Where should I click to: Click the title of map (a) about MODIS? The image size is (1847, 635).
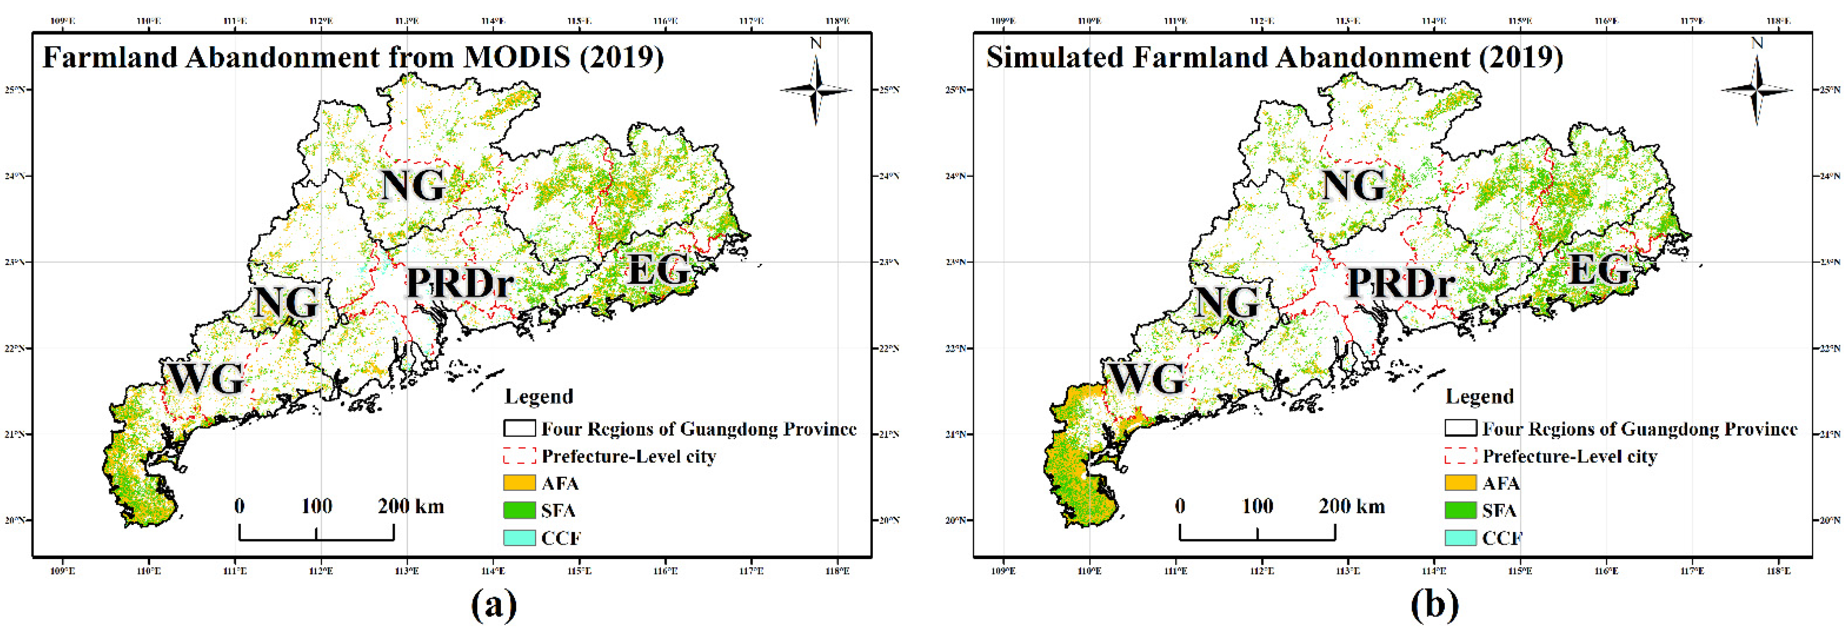pos(353,57)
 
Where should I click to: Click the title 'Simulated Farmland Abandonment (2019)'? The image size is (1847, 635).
pos(1274,57)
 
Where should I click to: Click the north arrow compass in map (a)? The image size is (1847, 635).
pos(815,90)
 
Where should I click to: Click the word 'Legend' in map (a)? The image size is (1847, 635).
pos(538,396)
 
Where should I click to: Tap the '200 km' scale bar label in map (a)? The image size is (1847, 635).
pos(411,506)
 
